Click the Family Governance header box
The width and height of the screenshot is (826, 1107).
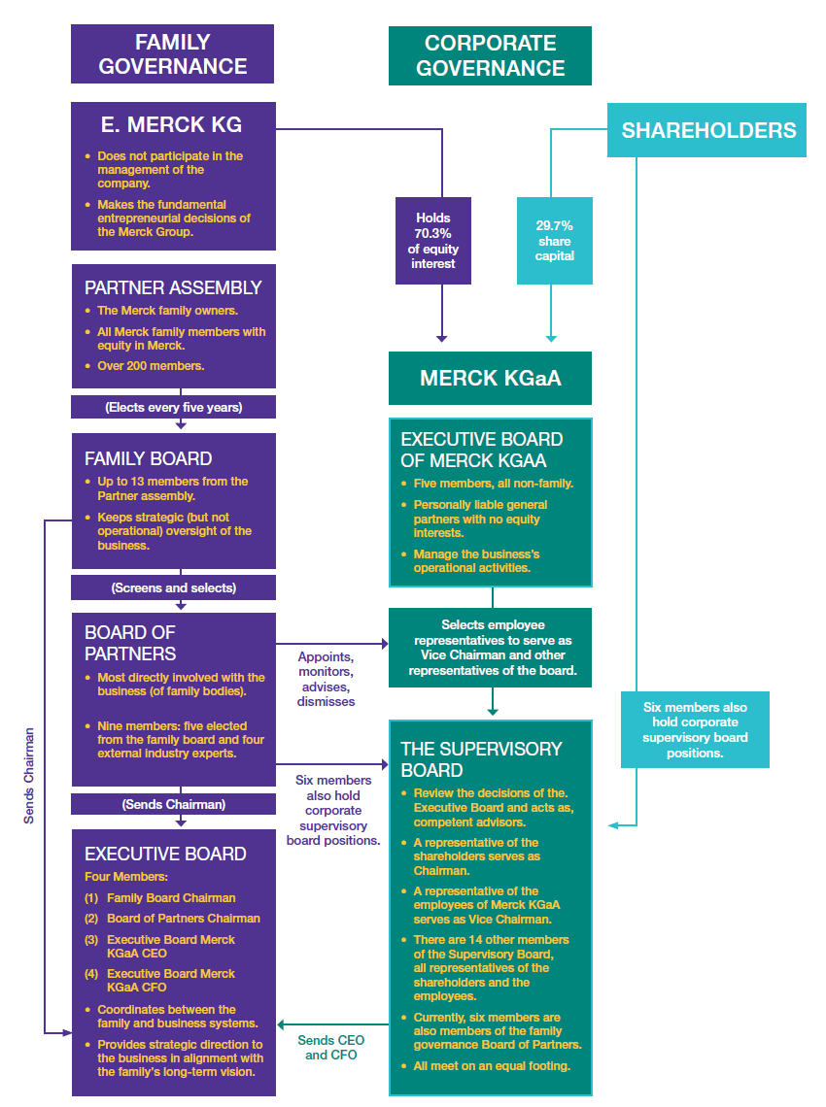click(x=172, y=54)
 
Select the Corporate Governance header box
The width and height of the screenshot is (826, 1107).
click(x=490, y=55)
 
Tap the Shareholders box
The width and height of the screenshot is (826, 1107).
click(x=708, y=130)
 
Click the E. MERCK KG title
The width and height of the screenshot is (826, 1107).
click(x=172, y=124)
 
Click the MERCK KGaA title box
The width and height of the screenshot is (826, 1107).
click(x=490, y=378)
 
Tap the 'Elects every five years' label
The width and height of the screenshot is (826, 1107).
click(x=173, y=408)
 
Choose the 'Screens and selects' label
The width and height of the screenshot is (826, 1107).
click(x=173, y=587)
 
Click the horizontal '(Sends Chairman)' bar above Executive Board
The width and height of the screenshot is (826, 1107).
click(x=173, y=804)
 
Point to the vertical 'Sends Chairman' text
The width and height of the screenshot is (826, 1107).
click(x=29, y=776)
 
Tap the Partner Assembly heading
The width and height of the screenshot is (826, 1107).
click(x=173, y=287)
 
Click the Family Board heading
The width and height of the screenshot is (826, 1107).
click(x=148, y=458)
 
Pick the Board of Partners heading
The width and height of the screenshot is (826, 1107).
click(x=130, y=643)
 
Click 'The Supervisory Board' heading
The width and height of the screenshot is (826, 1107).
click(x=481, y=758)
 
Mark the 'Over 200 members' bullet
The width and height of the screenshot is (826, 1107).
click(x=150, y=366)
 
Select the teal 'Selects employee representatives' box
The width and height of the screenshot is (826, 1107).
click(x=492, y=648)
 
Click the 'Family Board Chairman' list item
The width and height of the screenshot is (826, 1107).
click(x=171, y=898)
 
